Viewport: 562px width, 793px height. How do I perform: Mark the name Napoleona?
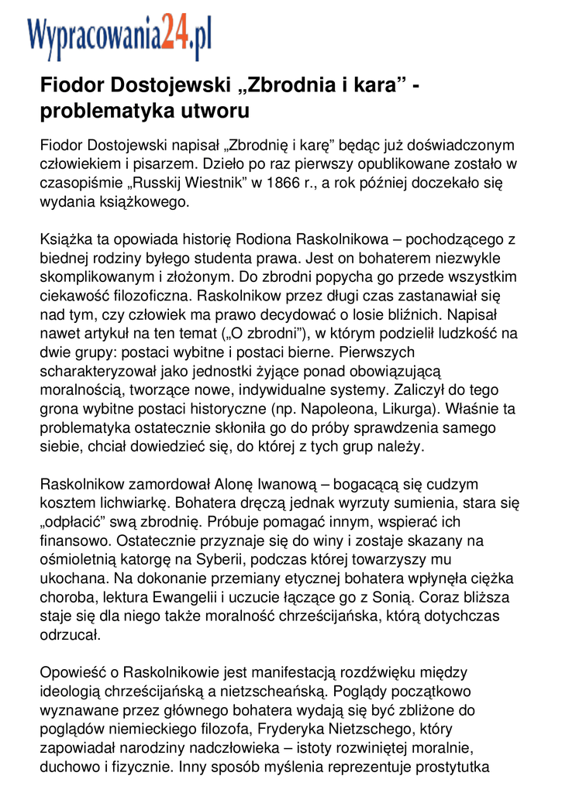pyautogui.click(x=348, y=408)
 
